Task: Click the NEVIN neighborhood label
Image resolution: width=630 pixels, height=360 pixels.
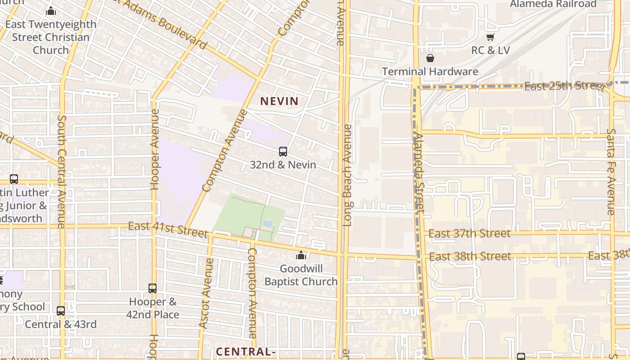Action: click(279, 101)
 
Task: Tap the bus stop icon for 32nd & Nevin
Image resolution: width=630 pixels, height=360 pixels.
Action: click(283, 152)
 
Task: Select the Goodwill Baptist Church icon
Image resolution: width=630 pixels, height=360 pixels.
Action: click(301, 256)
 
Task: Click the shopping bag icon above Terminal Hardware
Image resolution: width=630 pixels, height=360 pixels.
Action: click(430, 58)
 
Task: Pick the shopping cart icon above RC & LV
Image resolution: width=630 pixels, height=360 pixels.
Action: click(490, 37)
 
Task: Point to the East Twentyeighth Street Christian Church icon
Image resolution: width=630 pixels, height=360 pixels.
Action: click(51, 11)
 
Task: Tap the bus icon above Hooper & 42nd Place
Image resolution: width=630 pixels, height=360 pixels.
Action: click(153, 288)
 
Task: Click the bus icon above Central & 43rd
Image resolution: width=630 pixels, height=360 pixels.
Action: click(61, 310)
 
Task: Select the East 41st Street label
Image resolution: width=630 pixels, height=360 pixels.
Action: click(168, 229)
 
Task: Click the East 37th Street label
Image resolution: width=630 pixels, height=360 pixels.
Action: click(469, 234)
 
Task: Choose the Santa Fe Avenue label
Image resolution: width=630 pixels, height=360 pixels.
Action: click(611, 172)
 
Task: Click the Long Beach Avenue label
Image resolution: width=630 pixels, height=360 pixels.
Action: click(347, 175)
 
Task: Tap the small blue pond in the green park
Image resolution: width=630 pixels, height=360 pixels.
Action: click(267, 223)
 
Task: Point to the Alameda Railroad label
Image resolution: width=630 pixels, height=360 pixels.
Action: click(553, 4)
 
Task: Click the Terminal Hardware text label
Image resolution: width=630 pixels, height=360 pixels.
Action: click(430, 72)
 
